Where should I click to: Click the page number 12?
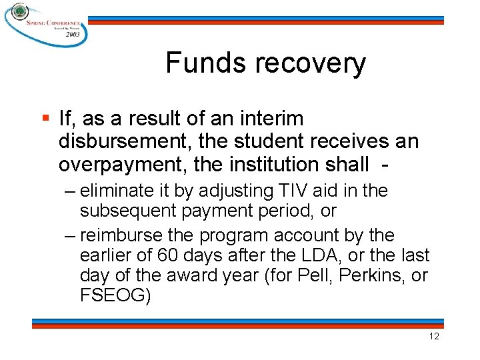click(434, 336)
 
